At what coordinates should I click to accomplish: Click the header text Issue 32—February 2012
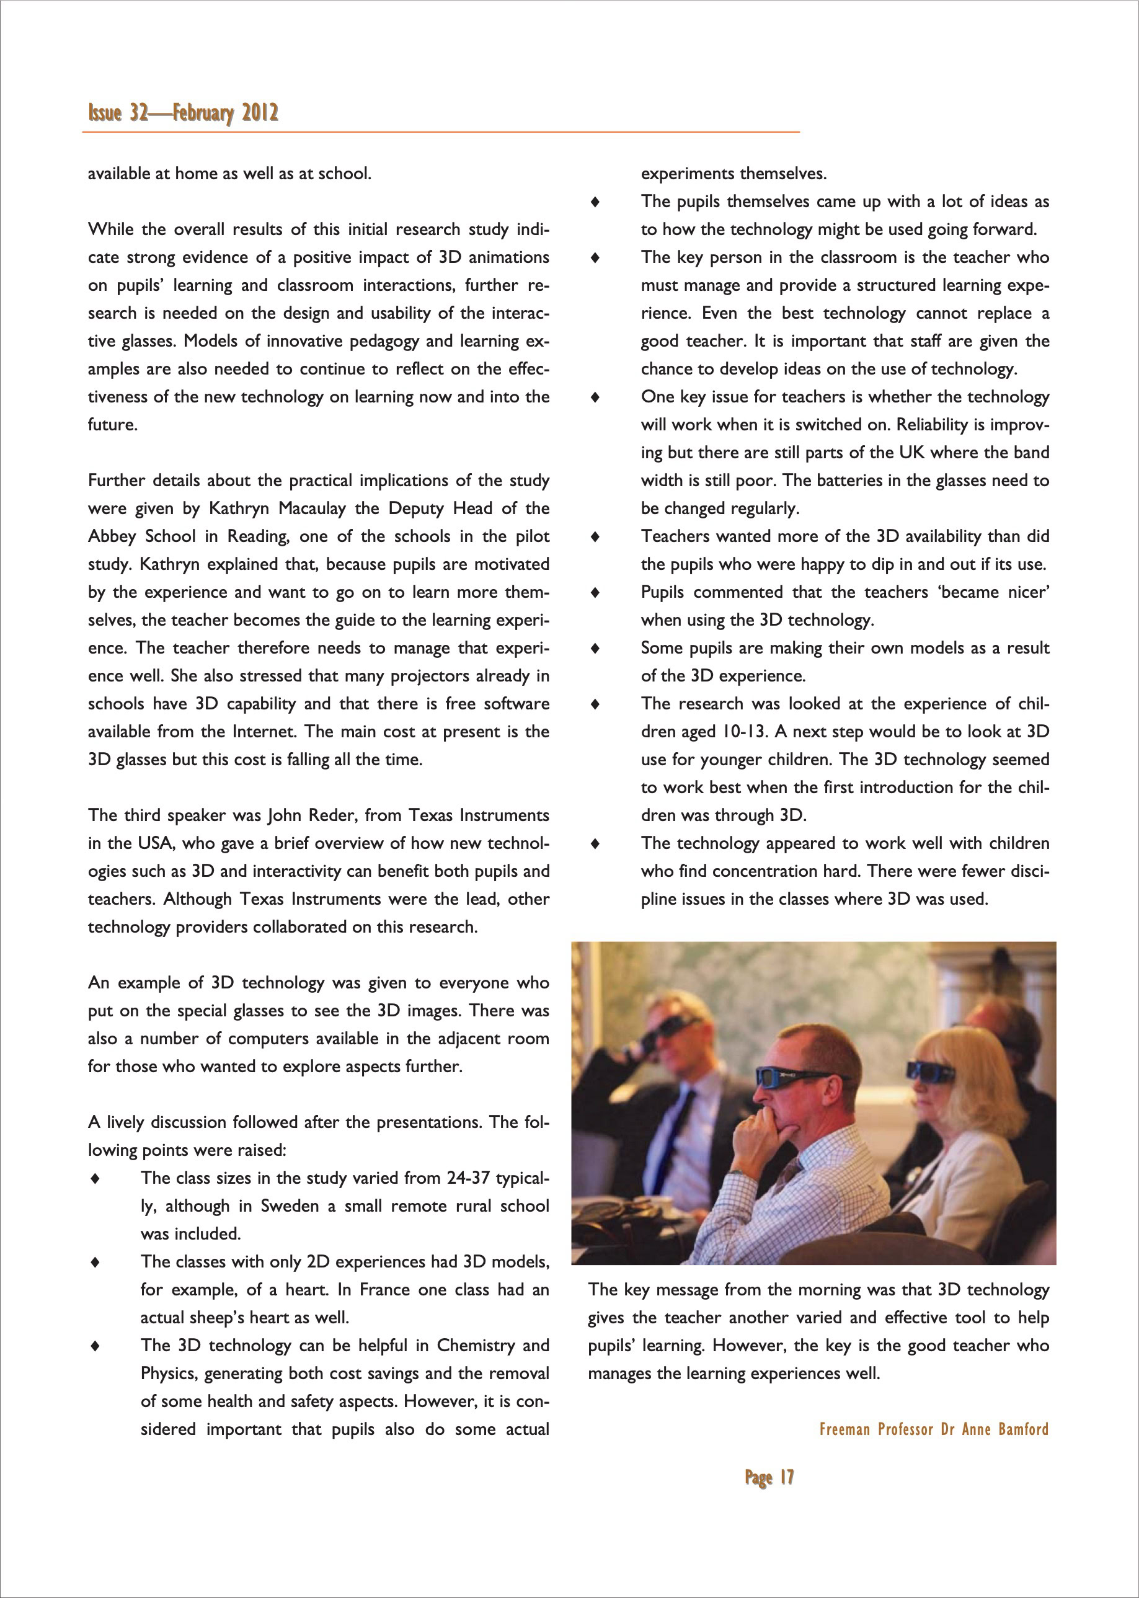tap(183, 113)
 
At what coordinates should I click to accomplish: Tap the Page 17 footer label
tap(769, 1477)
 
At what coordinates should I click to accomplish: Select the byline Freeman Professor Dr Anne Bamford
tap(934, 1429)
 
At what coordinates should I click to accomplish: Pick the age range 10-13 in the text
tap(738, 732)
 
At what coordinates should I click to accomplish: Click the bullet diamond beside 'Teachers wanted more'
tap(595, 536)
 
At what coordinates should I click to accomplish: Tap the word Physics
tap(167, 1374)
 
